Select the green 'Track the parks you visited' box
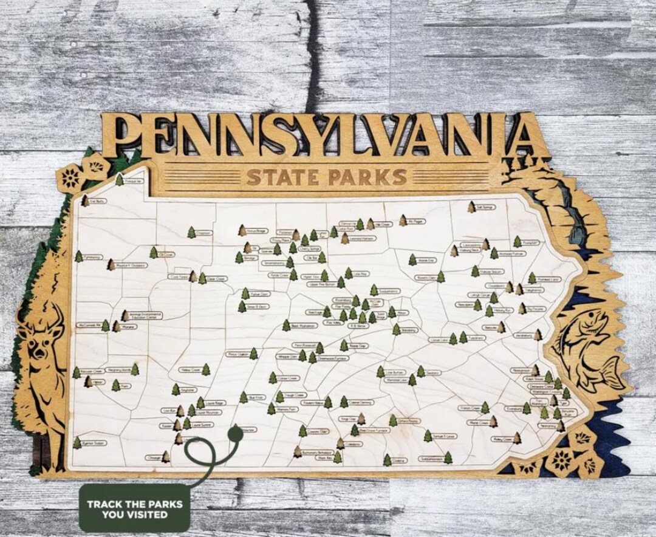134,508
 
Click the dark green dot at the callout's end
234,433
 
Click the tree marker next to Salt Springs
472,207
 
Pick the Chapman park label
203,233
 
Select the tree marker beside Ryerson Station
77,442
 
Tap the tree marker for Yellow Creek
206,369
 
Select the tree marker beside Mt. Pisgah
403,220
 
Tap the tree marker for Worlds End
412,260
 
